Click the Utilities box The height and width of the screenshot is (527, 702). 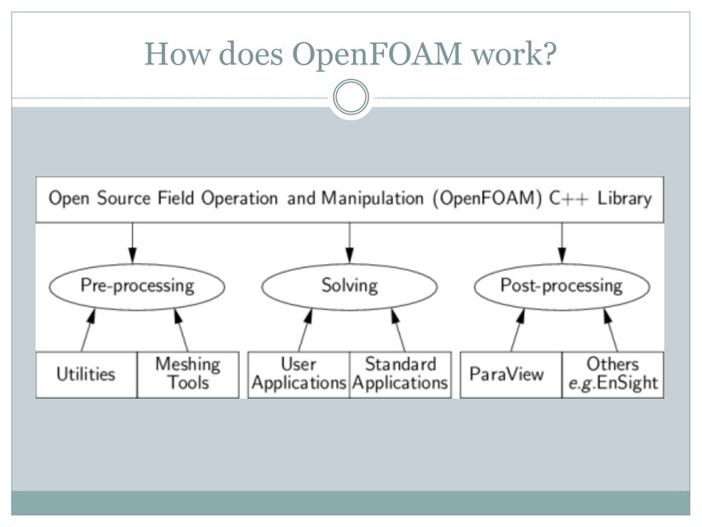(86, 375)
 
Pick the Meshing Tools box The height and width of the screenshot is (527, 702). (188, 375)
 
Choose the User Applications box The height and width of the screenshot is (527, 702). (299, 375)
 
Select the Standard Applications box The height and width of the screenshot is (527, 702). (400, 375)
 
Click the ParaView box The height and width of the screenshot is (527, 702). (511, 375)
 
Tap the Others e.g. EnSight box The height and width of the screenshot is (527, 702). (613, 375)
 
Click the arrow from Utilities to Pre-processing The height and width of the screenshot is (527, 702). (88, 330)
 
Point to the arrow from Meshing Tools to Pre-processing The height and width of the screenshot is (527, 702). (181, 330)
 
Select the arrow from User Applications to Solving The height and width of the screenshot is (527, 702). (305, 330)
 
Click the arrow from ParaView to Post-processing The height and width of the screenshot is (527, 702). (518, 330)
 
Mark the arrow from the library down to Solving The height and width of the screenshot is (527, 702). (350, 243)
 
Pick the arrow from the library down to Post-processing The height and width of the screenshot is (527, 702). (562, 243)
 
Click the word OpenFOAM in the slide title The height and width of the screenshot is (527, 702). (376, 54)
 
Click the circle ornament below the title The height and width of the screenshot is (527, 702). (351, 97)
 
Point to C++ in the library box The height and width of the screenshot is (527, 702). (568, 198)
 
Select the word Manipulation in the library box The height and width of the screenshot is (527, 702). (372, 198)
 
